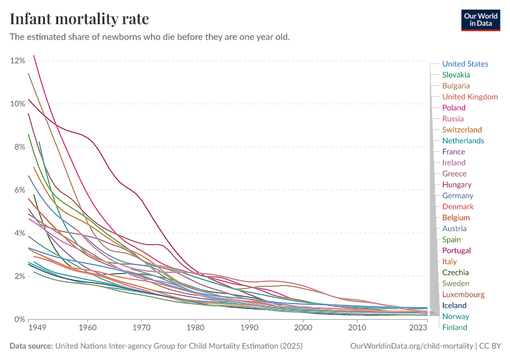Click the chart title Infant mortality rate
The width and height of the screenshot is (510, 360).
pyautogui.click(x=79, y=19)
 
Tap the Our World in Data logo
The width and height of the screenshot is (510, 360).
pyautogui.click(x=480, y=20)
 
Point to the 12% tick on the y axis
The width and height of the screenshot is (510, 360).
pyautogui.click(x=17, y=61)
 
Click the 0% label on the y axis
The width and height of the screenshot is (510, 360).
pyautogui.click(x=19, y=319)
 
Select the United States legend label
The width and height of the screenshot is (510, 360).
pyautogui.click(x=465, y=64)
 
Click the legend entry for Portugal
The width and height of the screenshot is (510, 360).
pyautogui.click(x=456, y=250)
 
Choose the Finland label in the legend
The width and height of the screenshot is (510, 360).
pyautogui.click(x=454, y=327)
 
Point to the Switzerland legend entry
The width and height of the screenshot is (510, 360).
pyautogui.click(x=461, y=130)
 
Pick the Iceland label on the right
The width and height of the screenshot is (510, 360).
pyautogui.click(x=454, y=305)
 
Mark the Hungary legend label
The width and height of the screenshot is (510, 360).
pyautogui.click(x=457, y=184)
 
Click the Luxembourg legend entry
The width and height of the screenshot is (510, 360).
pyautogui.click(x=463, y=295)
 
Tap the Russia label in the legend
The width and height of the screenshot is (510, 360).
pyautogui.click(x=453, y=119)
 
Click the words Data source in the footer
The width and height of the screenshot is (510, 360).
pyautogui.click(x=31, y=346)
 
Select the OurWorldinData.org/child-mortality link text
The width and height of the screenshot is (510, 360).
pyautogui.click(x=411, y=346)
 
